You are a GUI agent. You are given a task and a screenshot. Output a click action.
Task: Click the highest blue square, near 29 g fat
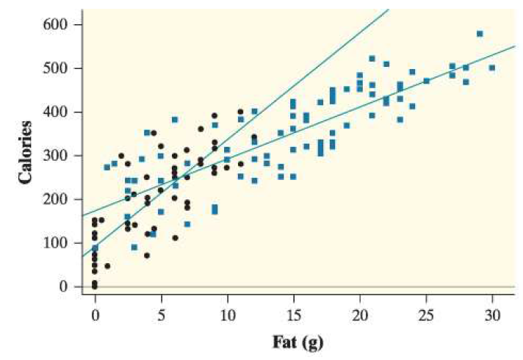pos(480,34)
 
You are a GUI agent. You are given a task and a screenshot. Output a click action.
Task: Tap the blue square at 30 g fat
pos(492,68)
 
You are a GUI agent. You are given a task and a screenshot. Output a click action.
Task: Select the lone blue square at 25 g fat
pos(426,81)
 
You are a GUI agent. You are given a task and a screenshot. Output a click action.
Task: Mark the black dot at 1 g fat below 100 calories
pos(108,266)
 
